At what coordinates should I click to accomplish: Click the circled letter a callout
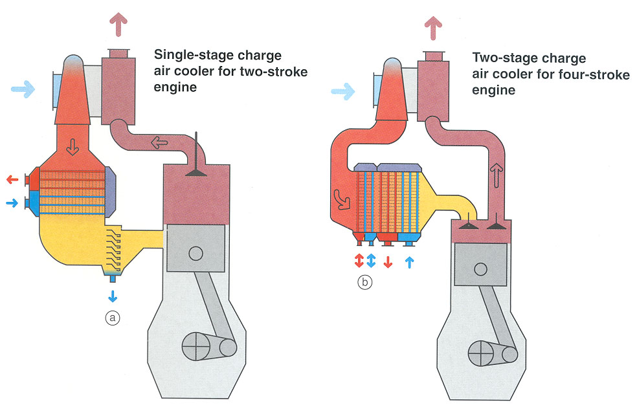(113, 318)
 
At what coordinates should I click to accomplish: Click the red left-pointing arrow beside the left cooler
(12, 179)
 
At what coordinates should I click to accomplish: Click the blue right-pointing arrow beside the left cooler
(12, 203)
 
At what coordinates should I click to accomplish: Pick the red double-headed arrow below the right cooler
(358, 261)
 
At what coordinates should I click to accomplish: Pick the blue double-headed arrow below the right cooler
(372, 261)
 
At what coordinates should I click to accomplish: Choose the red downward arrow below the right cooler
(388, 261)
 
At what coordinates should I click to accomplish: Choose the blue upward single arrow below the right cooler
(409, 261)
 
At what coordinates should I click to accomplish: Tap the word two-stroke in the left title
(274, 71)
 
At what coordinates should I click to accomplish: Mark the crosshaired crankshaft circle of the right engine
(480, 353)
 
